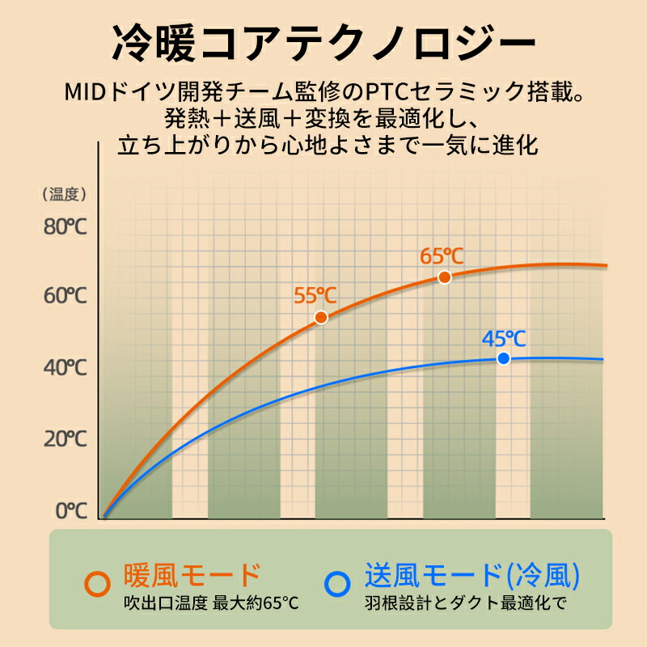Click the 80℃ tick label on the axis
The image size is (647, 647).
[x=65, y=226]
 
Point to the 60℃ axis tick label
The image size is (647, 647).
[x=65, y=296]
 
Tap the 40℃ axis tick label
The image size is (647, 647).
[x=65, y=368]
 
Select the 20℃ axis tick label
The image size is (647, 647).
[x=65, y=439]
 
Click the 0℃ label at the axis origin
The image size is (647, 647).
[x=70, y=510]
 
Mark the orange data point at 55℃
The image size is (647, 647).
[x=321, y=318]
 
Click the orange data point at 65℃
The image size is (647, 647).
[x=444, y=277]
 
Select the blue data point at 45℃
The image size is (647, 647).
[x=503, y=358]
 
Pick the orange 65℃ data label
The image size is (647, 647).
[x=442, y=256]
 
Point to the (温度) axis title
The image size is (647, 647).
[x=64, y=194]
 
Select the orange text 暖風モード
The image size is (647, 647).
[x=192, y=575]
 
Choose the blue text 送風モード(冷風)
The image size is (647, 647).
[x=472, y=575]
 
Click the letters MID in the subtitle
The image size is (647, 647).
[x=89, y=92]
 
